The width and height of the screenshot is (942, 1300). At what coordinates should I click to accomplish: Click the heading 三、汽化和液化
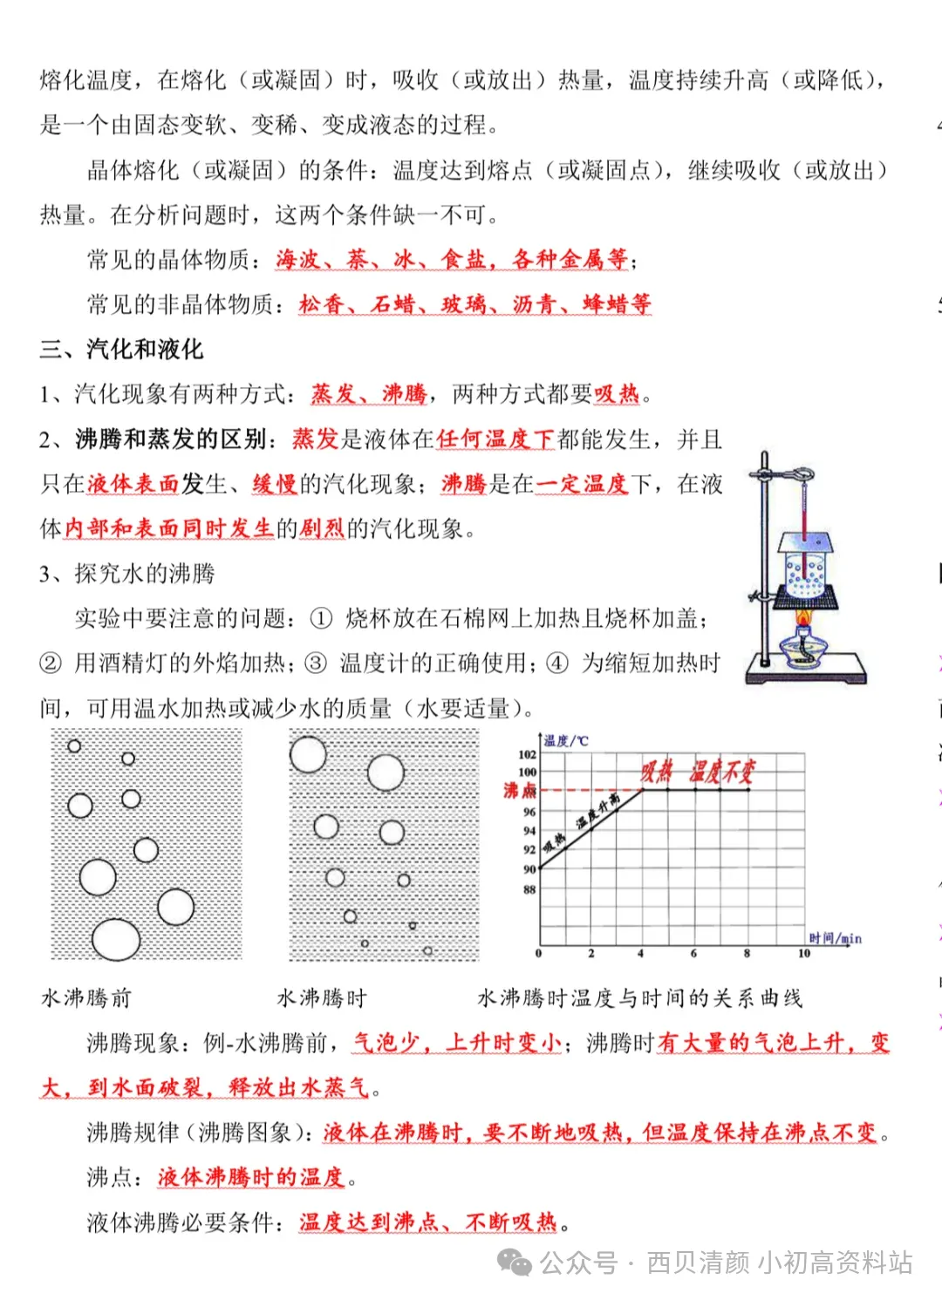tap(121, 350)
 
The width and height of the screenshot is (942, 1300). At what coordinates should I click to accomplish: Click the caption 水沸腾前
tap(86, 997)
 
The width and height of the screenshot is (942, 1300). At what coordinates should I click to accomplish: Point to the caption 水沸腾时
tap(322, 997)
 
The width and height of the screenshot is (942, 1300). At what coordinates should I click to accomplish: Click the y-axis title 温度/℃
tap(566, 741)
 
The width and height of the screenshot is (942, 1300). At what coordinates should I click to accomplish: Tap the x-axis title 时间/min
tap(835, 938)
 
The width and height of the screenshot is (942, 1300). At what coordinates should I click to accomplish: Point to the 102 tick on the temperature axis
tap(527, 754)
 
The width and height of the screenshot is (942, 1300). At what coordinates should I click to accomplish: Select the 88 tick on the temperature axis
tap(529, 889)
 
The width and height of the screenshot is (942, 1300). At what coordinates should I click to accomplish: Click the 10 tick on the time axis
tap(803, 954)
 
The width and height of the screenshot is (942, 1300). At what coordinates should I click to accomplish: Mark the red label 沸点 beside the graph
tap(520, 790)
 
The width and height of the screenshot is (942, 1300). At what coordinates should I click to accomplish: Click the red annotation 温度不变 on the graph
tap(721, 771)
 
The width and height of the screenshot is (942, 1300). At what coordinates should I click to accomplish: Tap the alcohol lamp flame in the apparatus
tap(804, 622)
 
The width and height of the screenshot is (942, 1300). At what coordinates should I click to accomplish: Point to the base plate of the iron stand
tap(807, 673)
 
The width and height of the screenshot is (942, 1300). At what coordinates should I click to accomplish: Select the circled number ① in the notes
tap(321, 619)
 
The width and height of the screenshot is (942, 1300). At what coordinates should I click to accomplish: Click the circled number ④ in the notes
tap(556, 664)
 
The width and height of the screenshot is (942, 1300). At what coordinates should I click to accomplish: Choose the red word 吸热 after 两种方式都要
tap(617, 394)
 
